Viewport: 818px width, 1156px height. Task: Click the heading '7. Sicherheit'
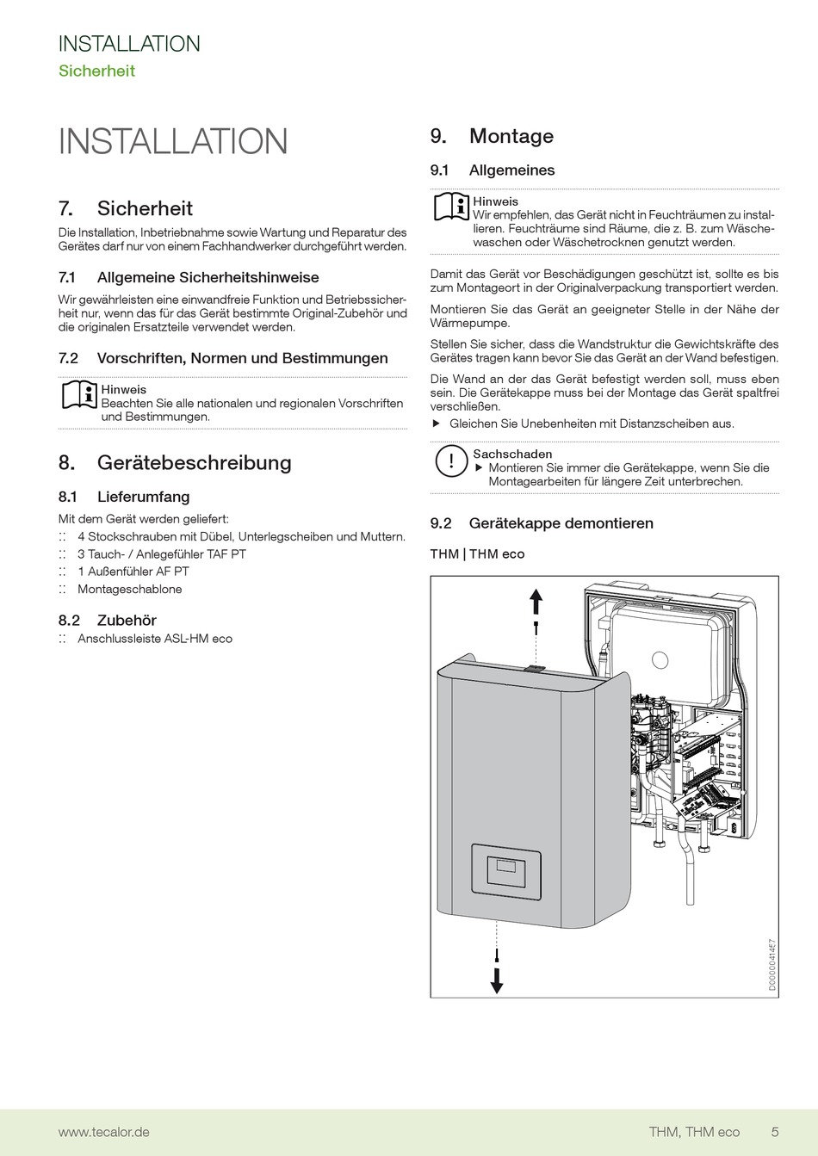[x=126, y=209]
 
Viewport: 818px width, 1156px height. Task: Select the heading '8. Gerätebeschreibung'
[x=175, y=463]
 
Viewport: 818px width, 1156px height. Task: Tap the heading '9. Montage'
[x=492, y=137]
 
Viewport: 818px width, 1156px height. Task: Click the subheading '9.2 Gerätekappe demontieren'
[x=542, y=523]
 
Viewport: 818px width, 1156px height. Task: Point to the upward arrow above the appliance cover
[x=536, y=599]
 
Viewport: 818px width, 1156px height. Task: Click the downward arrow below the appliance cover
[x=497, y=980]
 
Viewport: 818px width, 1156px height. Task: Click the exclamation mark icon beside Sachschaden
[x=450, y=461]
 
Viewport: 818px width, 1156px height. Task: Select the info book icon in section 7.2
[x=79, y=395]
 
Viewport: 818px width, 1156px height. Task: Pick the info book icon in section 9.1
[x=450, y=207]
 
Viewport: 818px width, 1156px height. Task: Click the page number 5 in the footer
[x=775, y=1132]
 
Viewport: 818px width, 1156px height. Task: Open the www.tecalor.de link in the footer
[x=103, y=1132]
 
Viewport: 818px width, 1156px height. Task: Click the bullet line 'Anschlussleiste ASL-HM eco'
[x=155, y=639]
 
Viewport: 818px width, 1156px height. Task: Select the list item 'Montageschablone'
[x=129, y=590]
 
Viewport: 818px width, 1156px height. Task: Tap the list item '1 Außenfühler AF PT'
[x=133, y=572]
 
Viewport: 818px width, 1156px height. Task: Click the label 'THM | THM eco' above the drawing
[x=477, y=554]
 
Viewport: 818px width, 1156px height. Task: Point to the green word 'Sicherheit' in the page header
[x=96, y=71]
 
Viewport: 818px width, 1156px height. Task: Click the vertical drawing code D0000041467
[x=772, y=966]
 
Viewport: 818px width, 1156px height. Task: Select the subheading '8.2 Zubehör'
[x=108, y=621]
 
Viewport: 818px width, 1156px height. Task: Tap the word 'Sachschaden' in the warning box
[x=512, y=454]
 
